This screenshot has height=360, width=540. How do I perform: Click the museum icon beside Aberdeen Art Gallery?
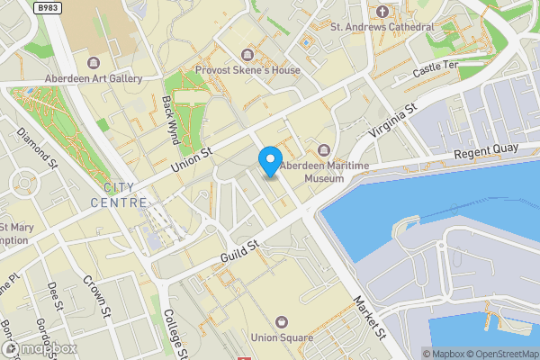click(94, 62)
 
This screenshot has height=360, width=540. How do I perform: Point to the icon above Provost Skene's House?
click(248, 56)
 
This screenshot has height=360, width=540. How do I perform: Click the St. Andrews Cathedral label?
click(382, 27)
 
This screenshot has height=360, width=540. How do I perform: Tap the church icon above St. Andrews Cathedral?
click(382, 11)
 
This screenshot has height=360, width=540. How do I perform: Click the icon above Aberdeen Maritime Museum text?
click(324, 149)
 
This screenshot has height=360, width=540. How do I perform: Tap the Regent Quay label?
click(481, 155)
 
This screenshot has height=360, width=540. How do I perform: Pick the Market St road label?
click(368, 316)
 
